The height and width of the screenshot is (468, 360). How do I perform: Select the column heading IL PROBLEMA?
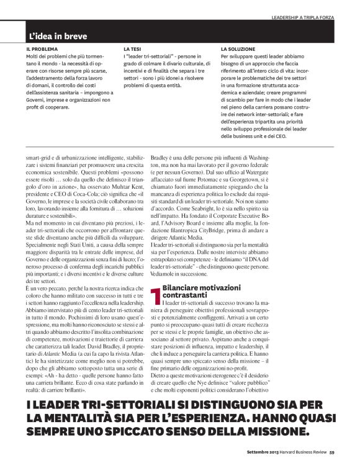click(42, 48)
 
